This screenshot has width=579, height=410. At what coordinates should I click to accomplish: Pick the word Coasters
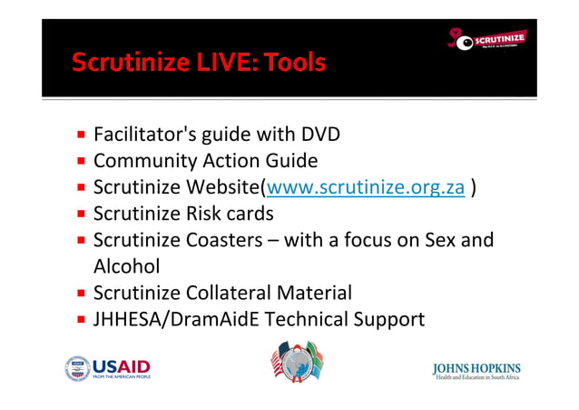pyautogui.click(x=221, y=241)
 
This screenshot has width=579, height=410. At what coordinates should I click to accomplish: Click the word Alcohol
pyautogui.click(x=126, y=267)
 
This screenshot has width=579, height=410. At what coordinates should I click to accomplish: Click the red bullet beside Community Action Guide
pyautogui.click(x=82, y=162)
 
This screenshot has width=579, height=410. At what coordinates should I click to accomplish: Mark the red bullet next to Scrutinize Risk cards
pyautogui.click(x=82, y=215)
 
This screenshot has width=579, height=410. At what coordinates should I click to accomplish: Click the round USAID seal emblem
pyautogui.click(x=76, y=368)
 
